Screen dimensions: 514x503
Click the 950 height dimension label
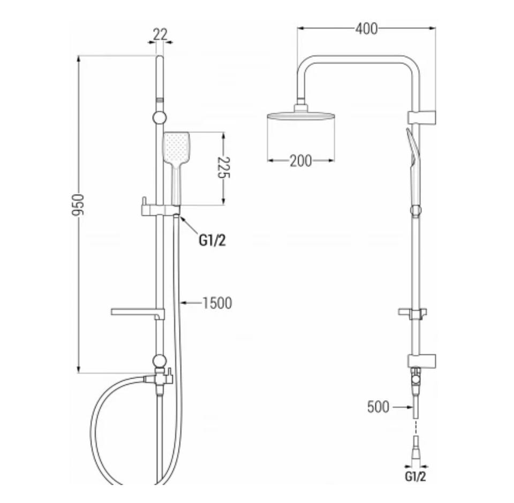[78, 205]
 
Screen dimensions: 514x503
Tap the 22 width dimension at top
[160, 34]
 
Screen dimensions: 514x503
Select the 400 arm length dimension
[366, 29]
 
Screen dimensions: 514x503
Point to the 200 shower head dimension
[301, 161]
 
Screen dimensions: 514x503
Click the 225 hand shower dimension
[224, 167]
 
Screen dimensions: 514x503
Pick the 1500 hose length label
[217, 303]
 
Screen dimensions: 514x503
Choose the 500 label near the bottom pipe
[379, 407]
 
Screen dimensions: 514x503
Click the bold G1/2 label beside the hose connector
[213, 241]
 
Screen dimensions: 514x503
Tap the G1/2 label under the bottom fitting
[415, 476]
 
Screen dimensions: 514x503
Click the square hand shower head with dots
[176, 148]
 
